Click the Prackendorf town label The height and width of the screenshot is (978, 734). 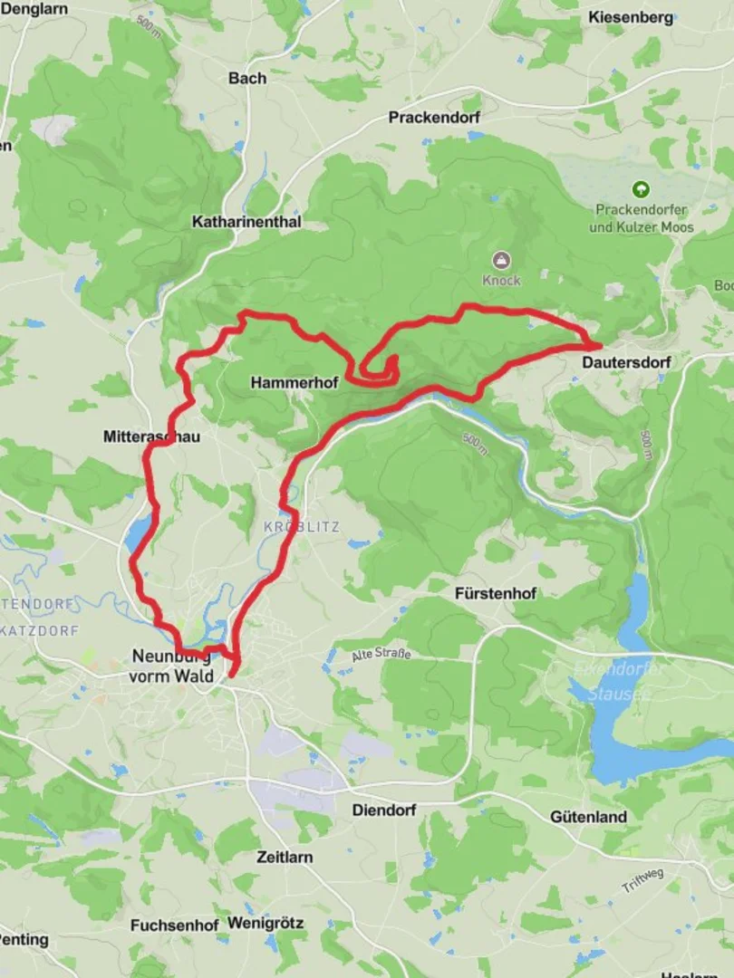point(434,117)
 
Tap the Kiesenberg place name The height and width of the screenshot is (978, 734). point(631,17)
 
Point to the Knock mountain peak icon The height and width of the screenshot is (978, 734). point(501,261)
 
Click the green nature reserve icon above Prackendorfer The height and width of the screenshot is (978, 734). point(641,189)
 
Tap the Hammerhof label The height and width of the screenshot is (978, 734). point(294,383)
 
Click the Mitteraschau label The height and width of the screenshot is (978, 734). point(151,436)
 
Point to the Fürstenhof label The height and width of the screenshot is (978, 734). point(496,594)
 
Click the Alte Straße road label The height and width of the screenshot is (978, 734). point(381,654)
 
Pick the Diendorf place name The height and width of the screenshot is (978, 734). point(383,810)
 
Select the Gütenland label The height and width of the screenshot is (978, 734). point(588,817)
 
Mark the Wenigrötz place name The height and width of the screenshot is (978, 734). point(266,924)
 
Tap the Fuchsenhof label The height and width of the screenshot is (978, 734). point(174,925)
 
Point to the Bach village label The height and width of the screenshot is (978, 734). point(247,78)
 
